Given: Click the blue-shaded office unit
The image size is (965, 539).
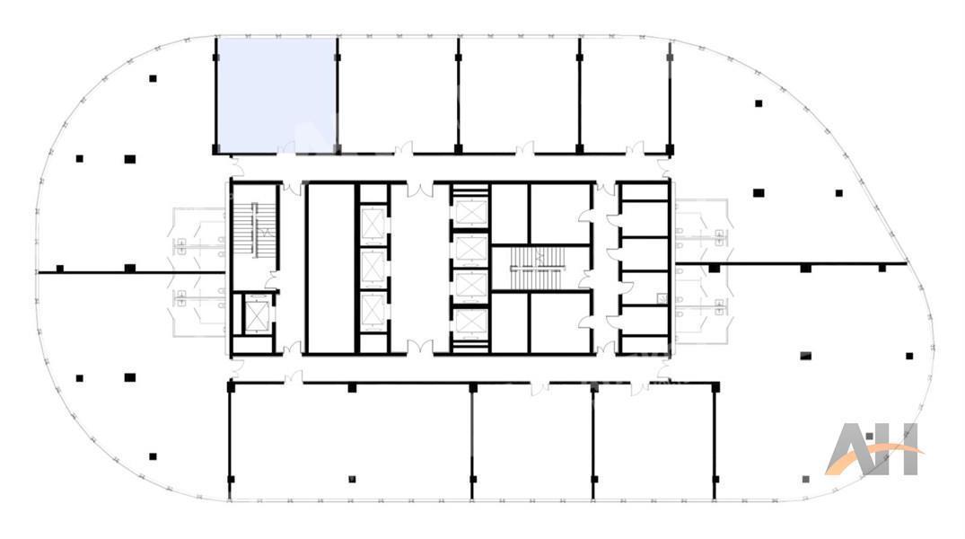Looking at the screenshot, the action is tap(277, 95).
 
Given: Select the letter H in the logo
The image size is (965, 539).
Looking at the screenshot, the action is tap(899, 449).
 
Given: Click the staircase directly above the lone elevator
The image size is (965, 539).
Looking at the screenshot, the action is tap(253, 228).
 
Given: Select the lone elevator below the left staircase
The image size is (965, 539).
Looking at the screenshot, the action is tap(254, 314).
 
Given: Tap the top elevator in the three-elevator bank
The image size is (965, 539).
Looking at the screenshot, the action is tap(373, 224).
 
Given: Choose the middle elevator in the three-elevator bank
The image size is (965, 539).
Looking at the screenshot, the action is tap(373, 267).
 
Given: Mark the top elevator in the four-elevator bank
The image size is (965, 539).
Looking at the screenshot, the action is tap(470, 212).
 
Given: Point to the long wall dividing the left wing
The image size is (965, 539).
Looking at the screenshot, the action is tap(131, 271).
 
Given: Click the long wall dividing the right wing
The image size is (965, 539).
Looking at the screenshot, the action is tap(792, 264).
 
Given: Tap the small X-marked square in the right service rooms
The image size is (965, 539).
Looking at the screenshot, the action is tap(662, 299).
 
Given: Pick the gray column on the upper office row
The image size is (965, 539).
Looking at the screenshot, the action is tap(670, 57).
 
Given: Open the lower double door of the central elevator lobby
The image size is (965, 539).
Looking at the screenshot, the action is tap(420, 348).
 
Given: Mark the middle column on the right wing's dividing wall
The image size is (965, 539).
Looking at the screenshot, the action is tap(805, 268).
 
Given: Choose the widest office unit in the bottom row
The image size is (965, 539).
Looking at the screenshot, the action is tap(351, 441).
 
